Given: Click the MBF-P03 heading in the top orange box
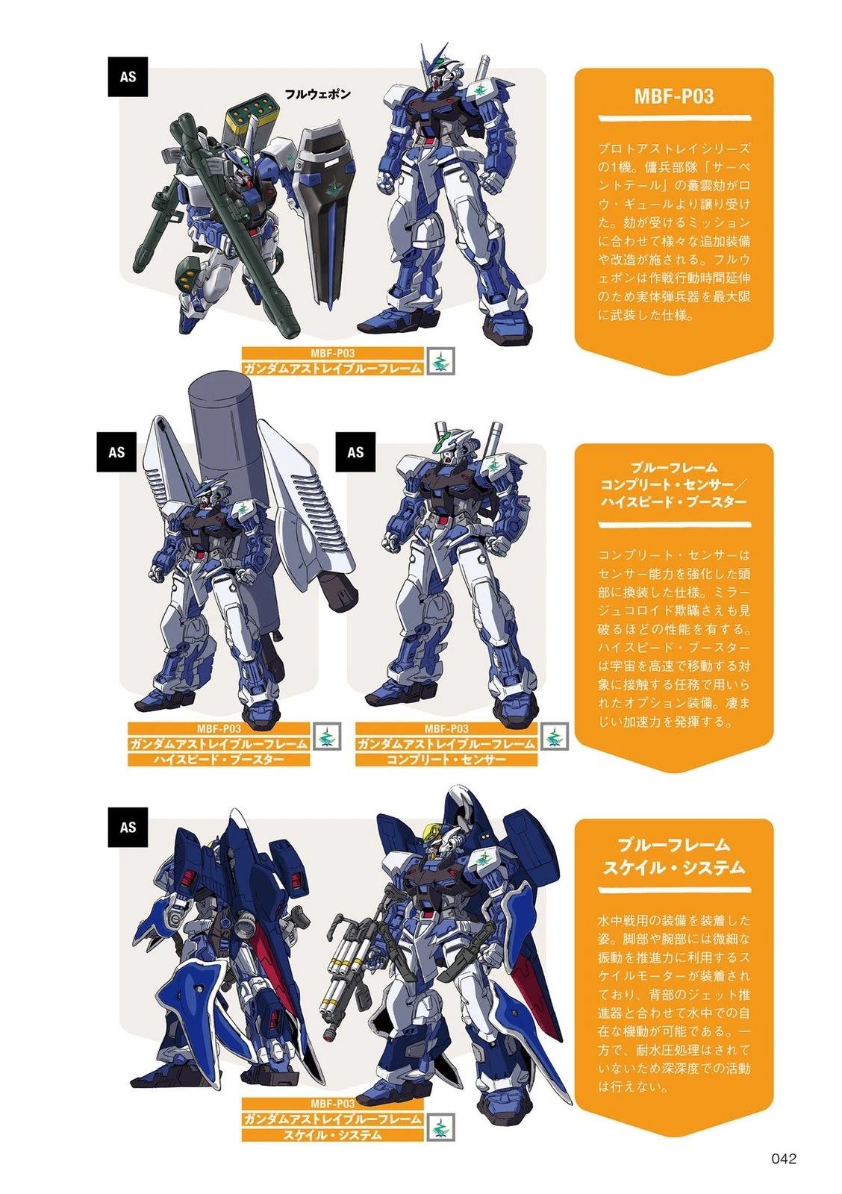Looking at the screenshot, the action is click(673, 96).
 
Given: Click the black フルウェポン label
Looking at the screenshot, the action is click(318, 94).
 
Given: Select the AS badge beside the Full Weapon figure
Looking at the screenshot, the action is click(128, 76).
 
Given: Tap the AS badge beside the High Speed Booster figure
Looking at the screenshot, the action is click(116, 451).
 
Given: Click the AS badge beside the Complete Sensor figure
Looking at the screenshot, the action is click(355, 451).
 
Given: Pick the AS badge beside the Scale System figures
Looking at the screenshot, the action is click(128, 827).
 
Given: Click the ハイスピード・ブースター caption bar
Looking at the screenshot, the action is click(219, 759).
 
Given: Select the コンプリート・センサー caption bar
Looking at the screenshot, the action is click(446, 759).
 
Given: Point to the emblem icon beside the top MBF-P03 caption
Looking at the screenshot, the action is click(440, 360).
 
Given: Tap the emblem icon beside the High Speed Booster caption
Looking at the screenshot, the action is click(326, 736).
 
